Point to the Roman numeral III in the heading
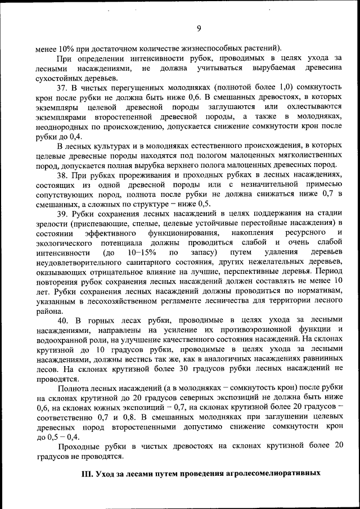[88, 474]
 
